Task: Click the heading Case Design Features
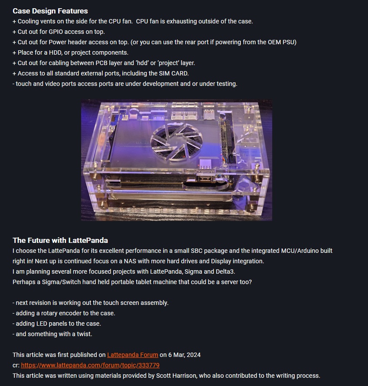click(50, 11)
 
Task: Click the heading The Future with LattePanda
click(60, 240)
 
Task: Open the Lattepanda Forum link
click(132, 355)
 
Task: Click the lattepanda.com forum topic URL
click(90, 365)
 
